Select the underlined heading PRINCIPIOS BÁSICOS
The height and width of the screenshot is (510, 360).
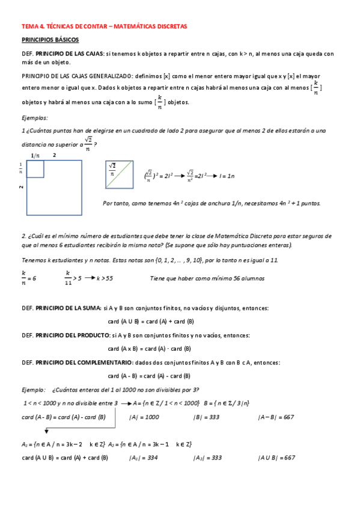[x=50, y=40]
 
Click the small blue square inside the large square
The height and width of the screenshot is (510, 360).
[x=35, y=168]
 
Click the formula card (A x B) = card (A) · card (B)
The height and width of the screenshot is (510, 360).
[x=150, y=348]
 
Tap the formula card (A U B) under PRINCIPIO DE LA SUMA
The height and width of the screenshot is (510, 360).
[x=150, y=321]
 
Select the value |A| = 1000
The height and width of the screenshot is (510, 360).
[x=144, y=416]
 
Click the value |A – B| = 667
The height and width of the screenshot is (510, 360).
[x=276, y=416]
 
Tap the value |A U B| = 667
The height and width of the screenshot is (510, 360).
[x=276, y=457]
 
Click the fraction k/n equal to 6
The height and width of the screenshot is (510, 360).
[x=28, y=277]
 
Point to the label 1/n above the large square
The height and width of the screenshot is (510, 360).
[x=35, y=155]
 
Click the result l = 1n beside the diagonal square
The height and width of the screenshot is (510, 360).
[x=227, y=175]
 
